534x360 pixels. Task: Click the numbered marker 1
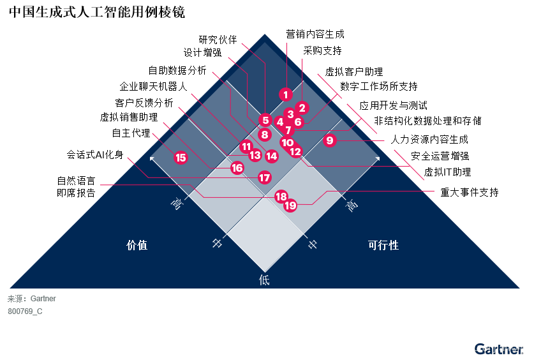coord(285,94)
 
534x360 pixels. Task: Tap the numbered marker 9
coord(330,140)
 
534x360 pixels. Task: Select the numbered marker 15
coord(181,158)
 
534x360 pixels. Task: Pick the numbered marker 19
coord(290,206)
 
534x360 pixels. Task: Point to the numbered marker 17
coord(265,177)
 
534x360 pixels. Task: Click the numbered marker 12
coord(295,151)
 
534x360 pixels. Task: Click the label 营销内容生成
coord(315,34)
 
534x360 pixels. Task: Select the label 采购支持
coord(322,50)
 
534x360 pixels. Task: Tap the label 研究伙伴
coord(218,40)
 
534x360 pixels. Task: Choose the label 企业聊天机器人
coord(153,86)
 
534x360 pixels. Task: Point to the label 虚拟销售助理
coord(129,117)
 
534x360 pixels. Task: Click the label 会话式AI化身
coord(95,154)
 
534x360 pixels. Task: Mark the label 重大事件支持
coord(470,191)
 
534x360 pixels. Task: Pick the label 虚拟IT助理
coord(447,172)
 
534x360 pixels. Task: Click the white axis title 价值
coord(137,245)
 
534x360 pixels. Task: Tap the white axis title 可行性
coord(383,245)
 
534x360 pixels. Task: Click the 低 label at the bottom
coord(264,279)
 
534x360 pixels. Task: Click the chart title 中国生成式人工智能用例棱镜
coord(97,13)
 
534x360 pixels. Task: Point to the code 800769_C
coord(25,311)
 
